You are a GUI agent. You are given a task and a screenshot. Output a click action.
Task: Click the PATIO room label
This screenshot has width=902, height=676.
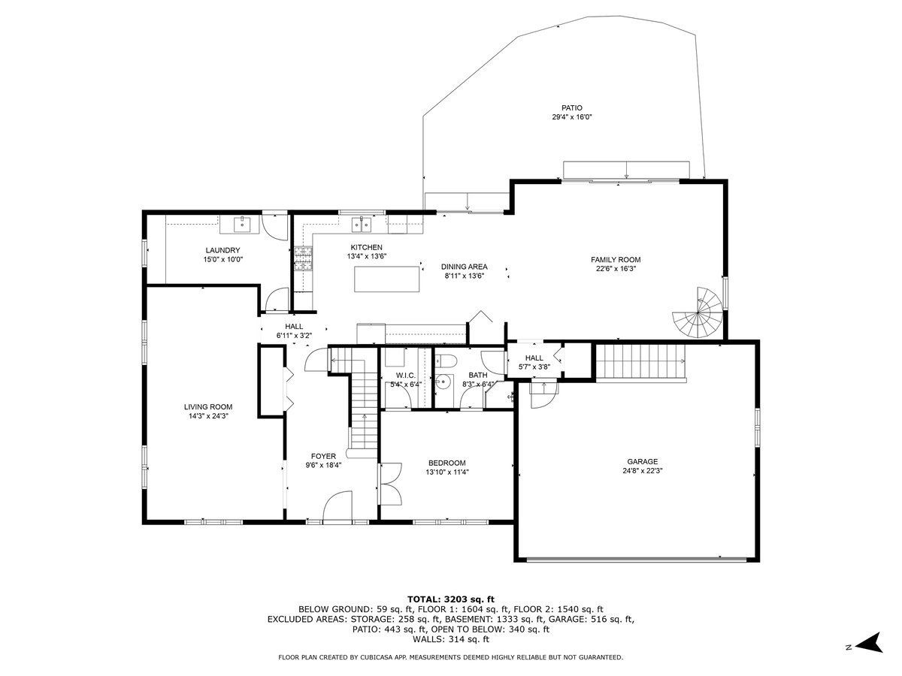pos(571,108)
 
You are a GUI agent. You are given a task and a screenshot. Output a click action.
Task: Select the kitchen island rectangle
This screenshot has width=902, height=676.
pos(386,279)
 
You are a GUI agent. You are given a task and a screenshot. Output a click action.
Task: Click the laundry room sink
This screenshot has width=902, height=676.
pos(242,225)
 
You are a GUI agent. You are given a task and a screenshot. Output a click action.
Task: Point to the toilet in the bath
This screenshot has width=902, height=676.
pos(446,361)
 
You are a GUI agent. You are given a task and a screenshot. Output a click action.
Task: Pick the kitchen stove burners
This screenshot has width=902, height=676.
pos(303,258)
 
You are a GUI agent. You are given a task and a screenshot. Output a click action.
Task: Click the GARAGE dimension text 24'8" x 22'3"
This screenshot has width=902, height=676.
pos(642,471)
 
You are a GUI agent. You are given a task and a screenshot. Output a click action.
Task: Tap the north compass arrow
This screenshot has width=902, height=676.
pos(870,653)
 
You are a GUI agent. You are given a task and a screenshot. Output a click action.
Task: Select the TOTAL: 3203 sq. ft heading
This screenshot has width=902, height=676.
pos(451,599)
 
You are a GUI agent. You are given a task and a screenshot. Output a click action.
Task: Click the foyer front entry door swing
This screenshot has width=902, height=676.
pos(337,506)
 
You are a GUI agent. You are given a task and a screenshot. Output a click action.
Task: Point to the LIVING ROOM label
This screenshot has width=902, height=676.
pos(208,407)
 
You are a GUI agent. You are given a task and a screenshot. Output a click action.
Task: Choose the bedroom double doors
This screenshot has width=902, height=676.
pos(391,484)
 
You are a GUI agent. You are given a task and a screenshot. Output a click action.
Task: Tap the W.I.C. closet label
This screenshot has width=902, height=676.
pos(406,376)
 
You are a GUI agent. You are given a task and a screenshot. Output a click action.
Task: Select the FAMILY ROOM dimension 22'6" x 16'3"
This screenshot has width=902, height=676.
pos(616,269)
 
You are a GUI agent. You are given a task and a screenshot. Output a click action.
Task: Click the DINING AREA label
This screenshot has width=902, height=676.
pos(465,267)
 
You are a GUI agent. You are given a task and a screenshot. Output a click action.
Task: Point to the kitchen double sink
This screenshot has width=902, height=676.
pos(362,225)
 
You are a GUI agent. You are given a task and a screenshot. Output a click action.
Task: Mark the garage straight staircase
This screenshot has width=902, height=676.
pos(640,363)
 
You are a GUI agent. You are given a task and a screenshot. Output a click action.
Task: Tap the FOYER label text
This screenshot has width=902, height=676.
pos(323,456)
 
